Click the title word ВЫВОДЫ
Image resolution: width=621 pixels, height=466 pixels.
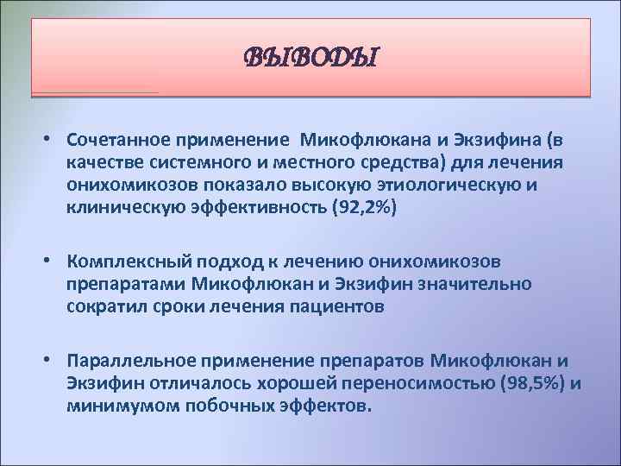(x=311, y=59)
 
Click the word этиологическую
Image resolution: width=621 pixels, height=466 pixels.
(x=468, y=186)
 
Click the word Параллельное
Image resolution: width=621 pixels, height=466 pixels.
(x=125, y=360)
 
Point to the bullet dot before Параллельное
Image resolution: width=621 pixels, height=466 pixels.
(x=53, y=360)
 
